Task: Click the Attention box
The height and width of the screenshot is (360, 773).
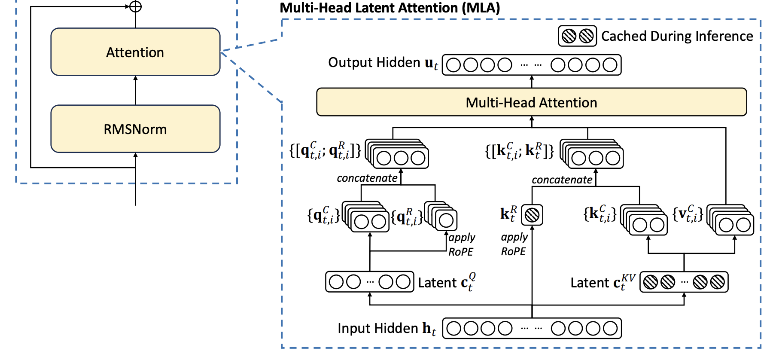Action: (x=135, y=52)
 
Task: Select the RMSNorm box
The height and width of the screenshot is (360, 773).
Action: (x=135, y=129)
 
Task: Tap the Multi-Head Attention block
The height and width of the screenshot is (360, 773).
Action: (x=531, y=102)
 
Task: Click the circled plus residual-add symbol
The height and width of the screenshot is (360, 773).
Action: (x=136, y=6)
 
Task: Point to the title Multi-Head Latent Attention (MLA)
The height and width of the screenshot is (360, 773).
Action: (x=390, y=8)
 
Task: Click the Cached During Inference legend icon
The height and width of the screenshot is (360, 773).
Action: (x=577, y=36)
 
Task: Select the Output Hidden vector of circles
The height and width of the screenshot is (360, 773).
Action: (x=532, y=65)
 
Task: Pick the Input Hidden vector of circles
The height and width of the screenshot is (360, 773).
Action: (x=532, y=328)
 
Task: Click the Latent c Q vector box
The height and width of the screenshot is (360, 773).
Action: (x=369, y=282)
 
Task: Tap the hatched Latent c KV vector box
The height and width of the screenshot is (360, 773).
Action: (x=684, y=282)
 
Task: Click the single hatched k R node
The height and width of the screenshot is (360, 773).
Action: (x=532, y=215)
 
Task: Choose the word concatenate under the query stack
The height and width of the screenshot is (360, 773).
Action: (x=367, y=178)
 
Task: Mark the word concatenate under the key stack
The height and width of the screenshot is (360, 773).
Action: (x=562, y=180)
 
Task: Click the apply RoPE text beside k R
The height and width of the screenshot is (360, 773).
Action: (x=514, y=244)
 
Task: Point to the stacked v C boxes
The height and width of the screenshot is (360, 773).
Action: (x=730, y=220)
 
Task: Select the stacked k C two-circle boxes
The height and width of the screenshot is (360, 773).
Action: (x=644, y=220)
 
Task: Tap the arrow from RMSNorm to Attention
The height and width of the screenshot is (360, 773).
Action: (x=136, y=90)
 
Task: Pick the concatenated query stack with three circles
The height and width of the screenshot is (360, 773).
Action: (x=397, y=154)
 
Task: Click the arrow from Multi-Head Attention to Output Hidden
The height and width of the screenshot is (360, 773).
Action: (x=532, y=82)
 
